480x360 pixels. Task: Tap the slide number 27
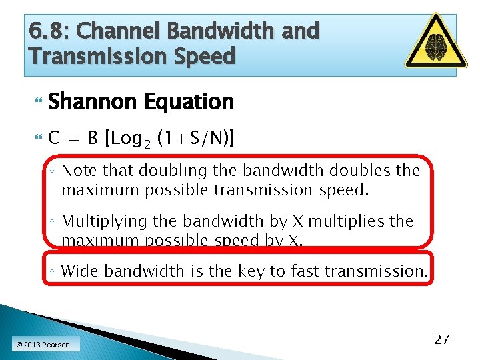pyautogui.click(x=441, y=339)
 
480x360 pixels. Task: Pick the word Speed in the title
pyautogui.click(x=206, y=55)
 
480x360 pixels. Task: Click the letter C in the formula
pyautogui.click(x=55, y=139)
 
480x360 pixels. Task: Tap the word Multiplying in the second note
pyautogui.click(x=103, y=221)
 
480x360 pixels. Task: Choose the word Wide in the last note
pyautogui.click(x=81, y=271)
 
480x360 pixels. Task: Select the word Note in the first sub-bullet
pyautogui.click(x=79, y=171)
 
